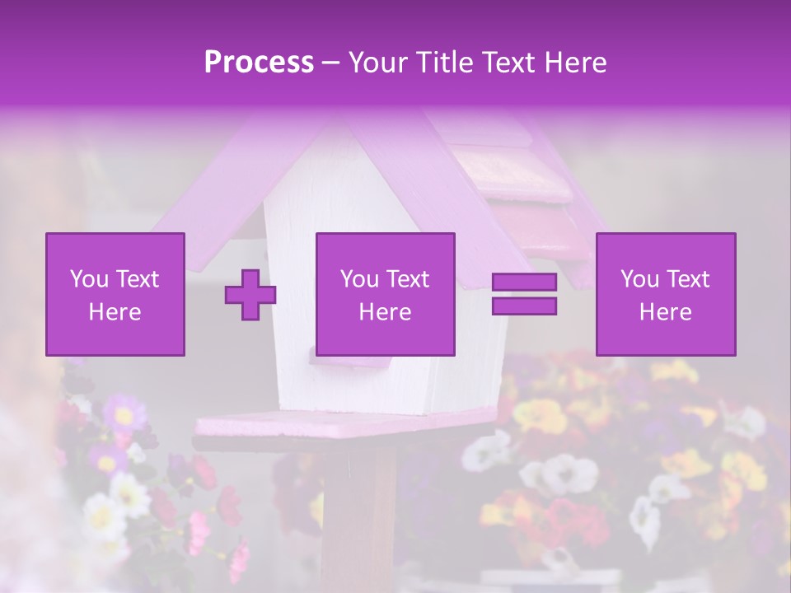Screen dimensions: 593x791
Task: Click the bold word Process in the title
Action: pyautogui.click(x=259, y=63)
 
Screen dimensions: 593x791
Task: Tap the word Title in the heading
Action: pyautogui.click(x=442, y=63)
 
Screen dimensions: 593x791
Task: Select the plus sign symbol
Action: pyautogui.click(x=250, y=294)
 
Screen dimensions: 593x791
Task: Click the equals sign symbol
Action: pyautogui.click(x=524, y=294)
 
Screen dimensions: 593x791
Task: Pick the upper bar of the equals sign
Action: pyautogui.click(x=524, y=282)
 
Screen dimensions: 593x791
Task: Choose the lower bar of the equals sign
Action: pyautogui.click(x=524, y=306)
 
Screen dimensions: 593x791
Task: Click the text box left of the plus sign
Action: pyautogui.click(x=115, y=294)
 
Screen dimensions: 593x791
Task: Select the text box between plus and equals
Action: pyautogui.click(x=385, y=294)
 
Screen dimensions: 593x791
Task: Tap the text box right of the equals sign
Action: pyautogui.click(x=665, y=294)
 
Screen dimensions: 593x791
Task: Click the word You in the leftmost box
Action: pyautogui.click(x=90, y=279)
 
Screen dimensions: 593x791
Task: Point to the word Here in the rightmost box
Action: pyautogui.click(x=665, y=312)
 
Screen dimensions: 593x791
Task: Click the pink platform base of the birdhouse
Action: pyautogui.click(x=346, y=424)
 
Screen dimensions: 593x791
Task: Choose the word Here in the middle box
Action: pyautogui.click(x=385, y=312)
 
